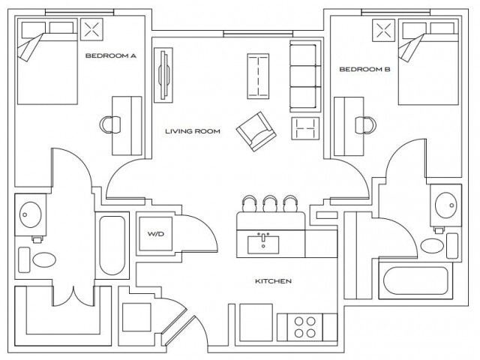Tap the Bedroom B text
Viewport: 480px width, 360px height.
pos(364,70)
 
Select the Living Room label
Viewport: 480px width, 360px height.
pos(193,131)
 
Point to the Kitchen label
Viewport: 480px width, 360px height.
pos(273,281)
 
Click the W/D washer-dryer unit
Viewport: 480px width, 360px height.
pos(155,235)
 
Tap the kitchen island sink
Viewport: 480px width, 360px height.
pos(264,243)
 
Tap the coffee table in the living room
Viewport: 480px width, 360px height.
pos(259,76)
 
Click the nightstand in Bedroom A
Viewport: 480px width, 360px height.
pos(94,30)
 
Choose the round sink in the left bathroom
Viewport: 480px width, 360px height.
pos(31,214)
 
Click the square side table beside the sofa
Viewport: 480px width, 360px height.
pos(305,128)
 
